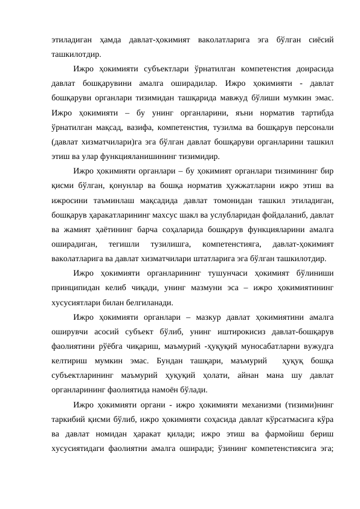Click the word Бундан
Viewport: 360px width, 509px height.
pyautogui.click(x=171, y=358)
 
